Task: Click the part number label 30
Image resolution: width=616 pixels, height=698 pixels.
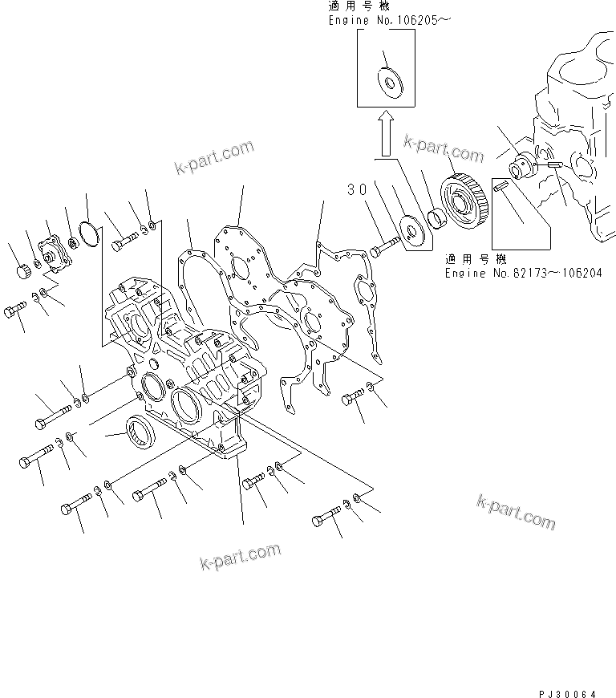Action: (x=357, y=189)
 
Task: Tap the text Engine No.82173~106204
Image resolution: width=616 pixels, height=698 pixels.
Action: (x=524, y=273)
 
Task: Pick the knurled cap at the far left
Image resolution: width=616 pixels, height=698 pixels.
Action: (x=23, y=272)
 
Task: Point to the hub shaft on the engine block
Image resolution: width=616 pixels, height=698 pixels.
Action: (x=525, y=168)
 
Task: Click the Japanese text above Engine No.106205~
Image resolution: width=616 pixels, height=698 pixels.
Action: (x=358, y=6)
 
